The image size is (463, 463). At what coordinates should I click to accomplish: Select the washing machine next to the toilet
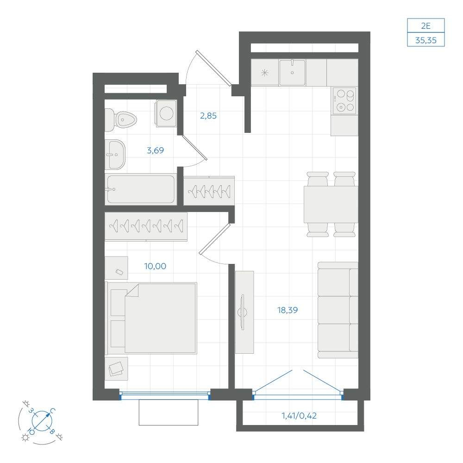tap(166, 113)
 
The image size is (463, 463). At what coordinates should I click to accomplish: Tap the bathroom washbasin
tap(115, 155)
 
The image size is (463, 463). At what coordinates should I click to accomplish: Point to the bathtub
tap(141, 189)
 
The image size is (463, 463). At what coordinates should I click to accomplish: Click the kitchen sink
tap(292, 73)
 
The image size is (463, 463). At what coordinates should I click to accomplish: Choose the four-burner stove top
tap(344, 100)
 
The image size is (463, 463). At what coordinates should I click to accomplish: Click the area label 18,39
tap(288, 310)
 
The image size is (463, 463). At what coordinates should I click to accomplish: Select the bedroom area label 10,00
tap(155, 266)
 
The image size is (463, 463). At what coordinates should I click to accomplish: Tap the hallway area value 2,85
tap(208, 116)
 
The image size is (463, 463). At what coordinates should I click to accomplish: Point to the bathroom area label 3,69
tap(155, 150)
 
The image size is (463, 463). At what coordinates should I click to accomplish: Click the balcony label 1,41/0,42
tap(299, 416)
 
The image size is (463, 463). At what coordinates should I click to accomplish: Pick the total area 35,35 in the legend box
tap(426, 40)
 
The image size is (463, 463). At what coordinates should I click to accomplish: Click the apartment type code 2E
tap(426, 26)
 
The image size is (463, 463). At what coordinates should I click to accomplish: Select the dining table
tap(331, 204)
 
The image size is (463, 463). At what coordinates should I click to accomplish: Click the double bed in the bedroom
tap(151, 318)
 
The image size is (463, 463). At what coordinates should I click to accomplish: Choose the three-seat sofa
tap(338, 310)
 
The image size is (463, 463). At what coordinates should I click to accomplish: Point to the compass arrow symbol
tap(42, 420)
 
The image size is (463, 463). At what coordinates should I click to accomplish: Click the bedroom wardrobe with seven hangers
tap(146, 227)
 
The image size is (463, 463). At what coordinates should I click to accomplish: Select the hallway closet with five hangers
tap(209, 191)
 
